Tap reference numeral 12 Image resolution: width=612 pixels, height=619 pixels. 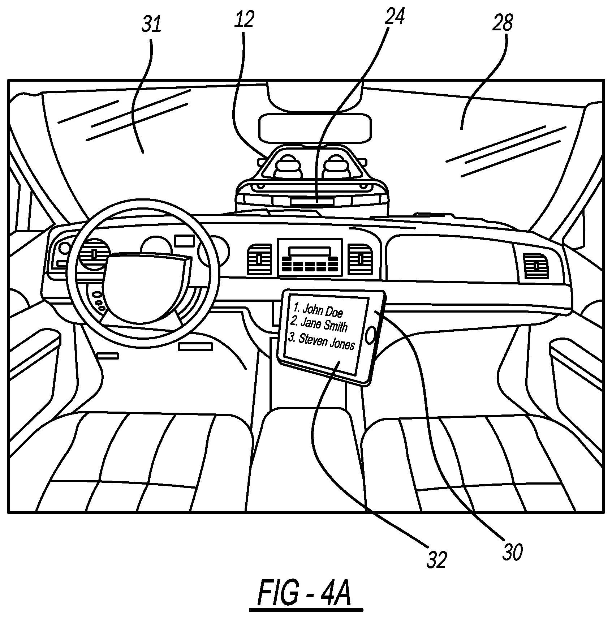click(244, 20)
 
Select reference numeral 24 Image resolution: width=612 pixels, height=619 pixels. click(395, 16)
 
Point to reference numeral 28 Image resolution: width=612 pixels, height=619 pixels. click(503, 23)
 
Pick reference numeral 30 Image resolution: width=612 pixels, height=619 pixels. click(513, 552)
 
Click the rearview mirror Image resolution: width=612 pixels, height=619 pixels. click(315, 128)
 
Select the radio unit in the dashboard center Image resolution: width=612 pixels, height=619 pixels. click(310, 257)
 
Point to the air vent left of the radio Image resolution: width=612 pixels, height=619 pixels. click(259, 259)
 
